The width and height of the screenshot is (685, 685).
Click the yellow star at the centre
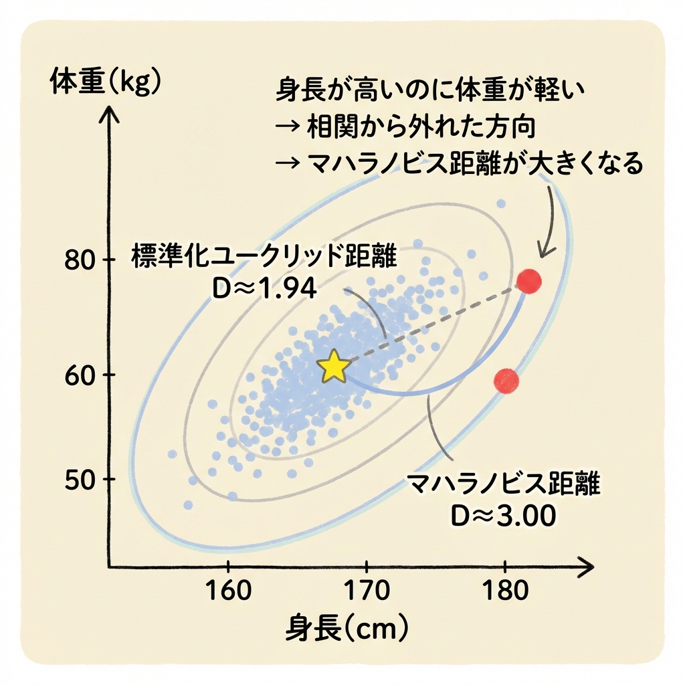(x=334, y=367)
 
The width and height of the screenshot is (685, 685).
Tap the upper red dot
(x=528, y=280)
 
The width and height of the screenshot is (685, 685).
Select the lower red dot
(x=506, y=380)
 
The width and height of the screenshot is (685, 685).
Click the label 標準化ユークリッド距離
(x=264, y=256)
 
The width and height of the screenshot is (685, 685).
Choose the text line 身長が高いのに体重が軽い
(x=430, y=92)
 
